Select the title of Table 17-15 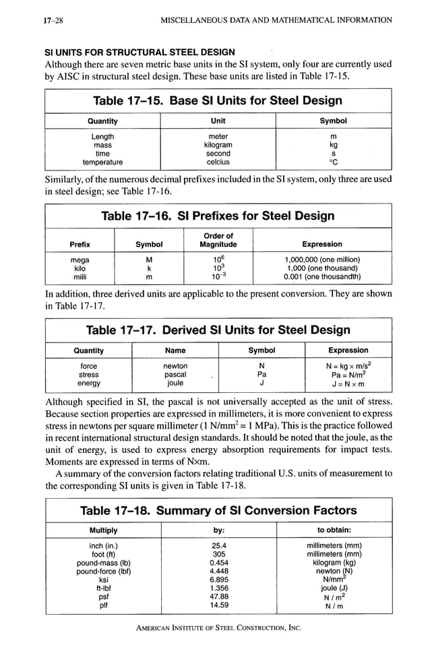[x=218, y=101]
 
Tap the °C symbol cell [x=333, y=162]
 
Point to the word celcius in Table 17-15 [x=218, y=162]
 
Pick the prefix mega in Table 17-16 [x=80, y=259]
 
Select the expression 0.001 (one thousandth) [x=322, y=276]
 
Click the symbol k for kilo [x=149, y=268]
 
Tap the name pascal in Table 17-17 [x=175, y=375]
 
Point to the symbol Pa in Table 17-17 [x=262, y=375]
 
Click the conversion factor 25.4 [x=218, y=545]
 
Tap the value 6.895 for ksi [x=218, y=580]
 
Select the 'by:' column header [x=218, y=530]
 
